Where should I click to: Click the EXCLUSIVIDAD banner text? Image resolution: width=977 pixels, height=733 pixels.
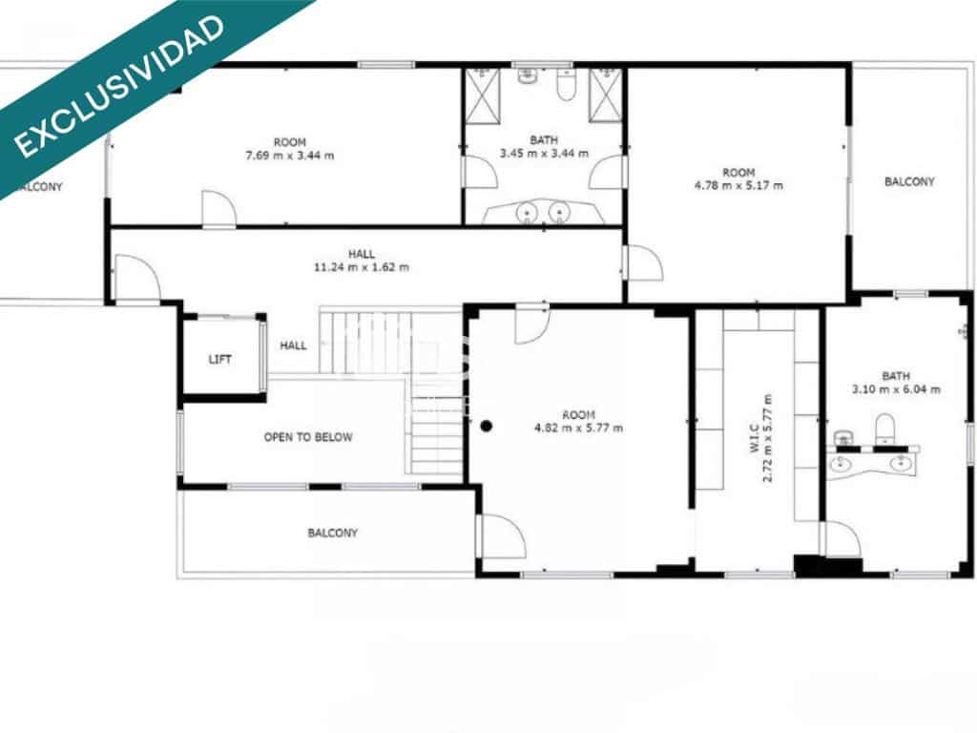(121, 85)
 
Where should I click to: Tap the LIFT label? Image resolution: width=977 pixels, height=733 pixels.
(219, 360)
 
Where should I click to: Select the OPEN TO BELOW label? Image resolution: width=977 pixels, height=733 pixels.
(307, 437)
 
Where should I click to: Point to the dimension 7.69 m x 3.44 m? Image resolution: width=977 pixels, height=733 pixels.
(289, 155)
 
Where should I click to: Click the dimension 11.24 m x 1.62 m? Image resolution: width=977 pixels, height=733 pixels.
(361, 267)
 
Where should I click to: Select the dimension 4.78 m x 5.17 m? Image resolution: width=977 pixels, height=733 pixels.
(738, 185)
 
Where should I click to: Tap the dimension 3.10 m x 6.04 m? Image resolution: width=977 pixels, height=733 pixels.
(896, 388)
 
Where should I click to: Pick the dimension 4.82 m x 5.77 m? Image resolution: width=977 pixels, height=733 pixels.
(578, 428)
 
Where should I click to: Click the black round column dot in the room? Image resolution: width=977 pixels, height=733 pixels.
(486, 426)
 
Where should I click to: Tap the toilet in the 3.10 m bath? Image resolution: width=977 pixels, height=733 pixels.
(884, 429)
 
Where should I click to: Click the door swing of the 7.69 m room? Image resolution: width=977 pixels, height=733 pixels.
(218, 209)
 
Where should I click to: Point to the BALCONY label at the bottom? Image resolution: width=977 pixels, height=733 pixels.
(332, 533)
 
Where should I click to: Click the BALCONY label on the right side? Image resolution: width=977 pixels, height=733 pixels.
(908, 181)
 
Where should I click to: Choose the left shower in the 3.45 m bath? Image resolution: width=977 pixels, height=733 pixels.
(481, 96)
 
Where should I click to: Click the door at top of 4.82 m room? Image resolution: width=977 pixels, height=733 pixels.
(530, 324)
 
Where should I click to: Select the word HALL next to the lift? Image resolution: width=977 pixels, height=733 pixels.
(293, 346)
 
